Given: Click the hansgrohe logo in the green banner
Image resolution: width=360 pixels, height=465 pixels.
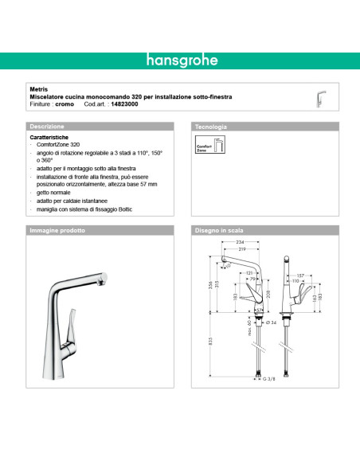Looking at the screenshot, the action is [x=179, y=60].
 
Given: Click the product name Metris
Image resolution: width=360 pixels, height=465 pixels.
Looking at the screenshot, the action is [x=37, y=90].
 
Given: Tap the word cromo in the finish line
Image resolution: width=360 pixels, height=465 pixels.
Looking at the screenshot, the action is [x=65, y=104].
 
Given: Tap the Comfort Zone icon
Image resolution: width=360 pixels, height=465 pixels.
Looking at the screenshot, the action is [x=206, y=147].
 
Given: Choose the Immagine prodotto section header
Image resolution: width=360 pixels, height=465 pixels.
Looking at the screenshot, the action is [x=57, y=230].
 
